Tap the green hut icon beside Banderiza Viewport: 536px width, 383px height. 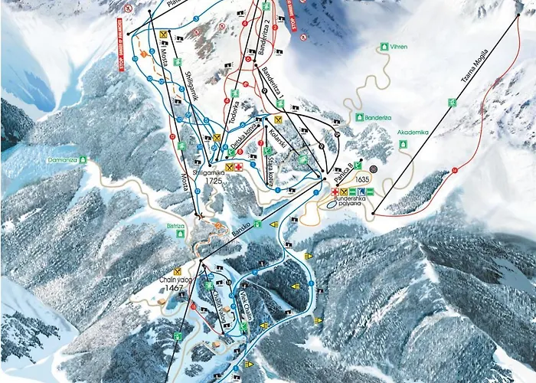[358, 117]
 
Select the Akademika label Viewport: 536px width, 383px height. [414, 132]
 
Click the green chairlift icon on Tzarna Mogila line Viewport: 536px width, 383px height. [453, 102]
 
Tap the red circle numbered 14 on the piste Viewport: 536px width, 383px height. [454, 169]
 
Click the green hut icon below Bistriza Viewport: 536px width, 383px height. [181, 235]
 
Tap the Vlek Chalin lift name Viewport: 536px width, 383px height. [248, 307]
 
